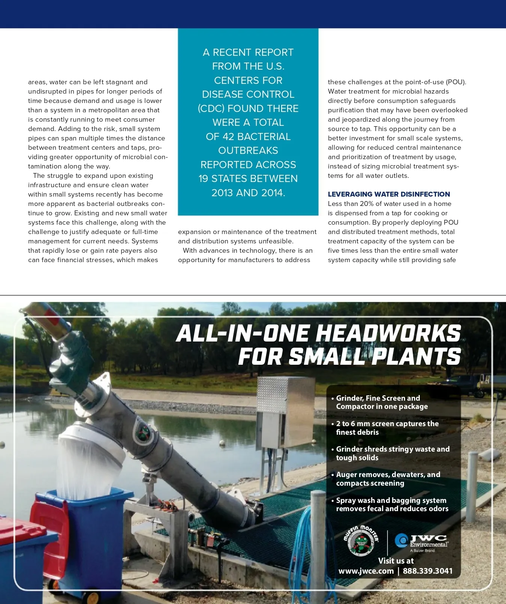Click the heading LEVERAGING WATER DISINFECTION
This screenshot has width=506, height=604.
[x=389, y=194]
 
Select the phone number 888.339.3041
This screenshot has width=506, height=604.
[x=427, y=571]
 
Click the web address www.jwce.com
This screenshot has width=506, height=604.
[x=366, y=571]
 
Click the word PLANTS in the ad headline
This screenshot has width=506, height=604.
[x=416, y=356]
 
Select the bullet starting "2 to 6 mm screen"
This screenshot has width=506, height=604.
[x=387, y=428]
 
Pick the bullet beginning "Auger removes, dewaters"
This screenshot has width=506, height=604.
[x=388, y=479]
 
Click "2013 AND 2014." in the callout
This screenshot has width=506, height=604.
[x=248, y=193]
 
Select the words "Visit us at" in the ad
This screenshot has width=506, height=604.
[x=396, y=561]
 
